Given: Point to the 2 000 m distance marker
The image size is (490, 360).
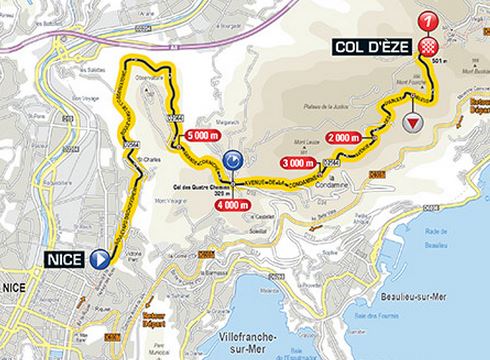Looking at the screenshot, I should click(x=345, y=138).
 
